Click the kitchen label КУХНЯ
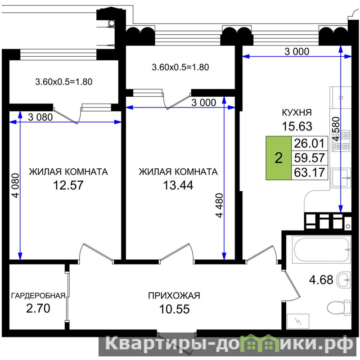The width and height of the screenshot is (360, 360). click(297, 112)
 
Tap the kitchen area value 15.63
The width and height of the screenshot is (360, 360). click(297, 126)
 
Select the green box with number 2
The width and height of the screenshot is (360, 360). click(279, 158)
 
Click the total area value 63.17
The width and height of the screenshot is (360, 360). click(309, 172)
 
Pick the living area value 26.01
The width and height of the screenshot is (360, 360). click(309, 143)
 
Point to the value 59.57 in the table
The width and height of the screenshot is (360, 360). click(309, 158)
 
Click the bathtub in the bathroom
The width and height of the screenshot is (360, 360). click(321, 250)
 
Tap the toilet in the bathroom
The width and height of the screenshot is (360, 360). click(339, 307)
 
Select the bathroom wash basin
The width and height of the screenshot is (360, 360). click(343, 279)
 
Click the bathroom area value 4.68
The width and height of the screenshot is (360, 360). click(321, 280)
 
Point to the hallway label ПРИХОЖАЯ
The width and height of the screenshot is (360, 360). click(174, 296)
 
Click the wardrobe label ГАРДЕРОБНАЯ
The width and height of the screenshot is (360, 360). click(38, 296)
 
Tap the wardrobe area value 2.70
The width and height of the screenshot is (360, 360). click(38, 308)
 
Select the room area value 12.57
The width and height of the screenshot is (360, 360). click(68, 185)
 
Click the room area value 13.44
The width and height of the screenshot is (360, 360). click(178, 185)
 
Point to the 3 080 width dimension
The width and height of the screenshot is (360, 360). click(40, 117)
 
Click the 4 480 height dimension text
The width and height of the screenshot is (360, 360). click(220, 205)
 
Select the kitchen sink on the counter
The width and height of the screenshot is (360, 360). click(341, 177)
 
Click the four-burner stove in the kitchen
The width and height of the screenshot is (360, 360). click(341, 141)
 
